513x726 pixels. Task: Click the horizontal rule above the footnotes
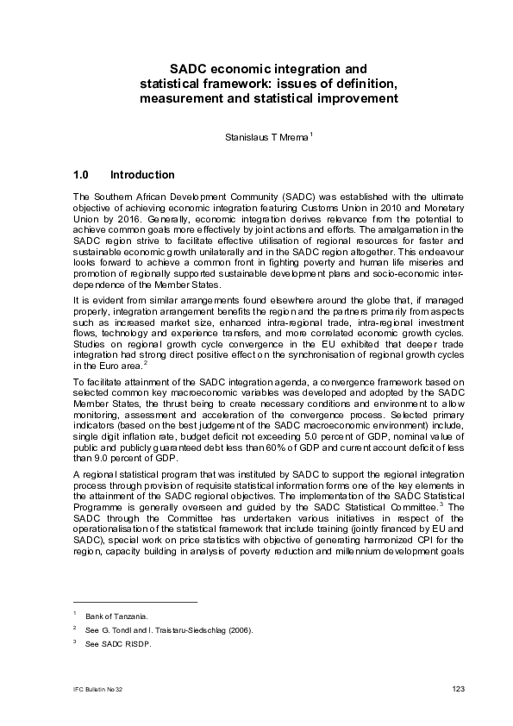point(135,601)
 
